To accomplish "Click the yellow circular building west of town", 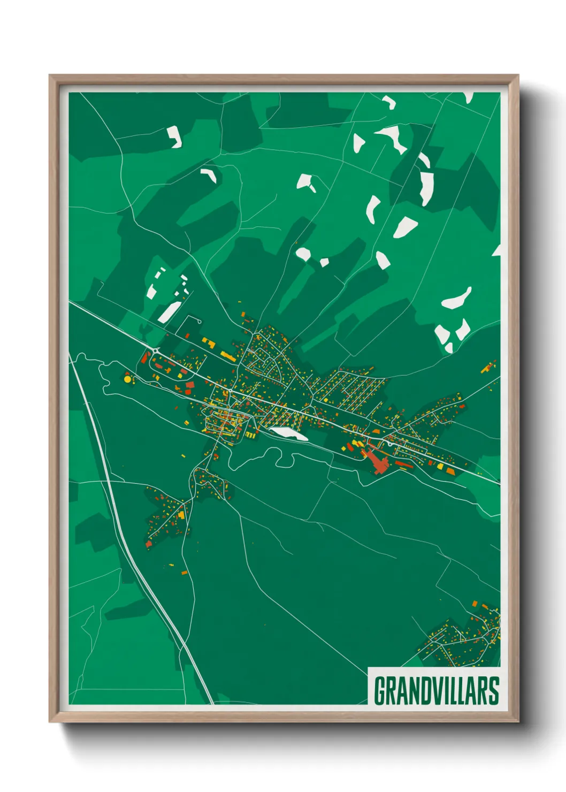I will pos(127,379).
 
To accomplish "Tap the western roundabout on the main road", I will pos(155,351).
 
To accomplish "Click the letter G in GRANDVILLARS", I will pos(380,691).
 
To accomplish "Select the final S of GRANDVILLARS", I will pos(493,691).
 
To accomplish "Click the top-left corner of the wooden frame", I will pos(51,77).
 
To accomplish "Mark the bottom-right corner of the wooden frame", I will pos(517,720).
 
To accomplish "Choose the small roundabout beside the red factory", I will pos(390,443).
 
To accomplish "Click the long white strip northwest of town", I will pos(170,311).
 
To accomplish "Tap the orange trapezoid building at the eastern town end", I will pos(450,471).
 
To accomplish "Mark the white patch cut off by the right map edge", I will pos(497,250).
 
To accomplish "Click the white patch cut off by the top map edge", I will pos(469,97).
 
